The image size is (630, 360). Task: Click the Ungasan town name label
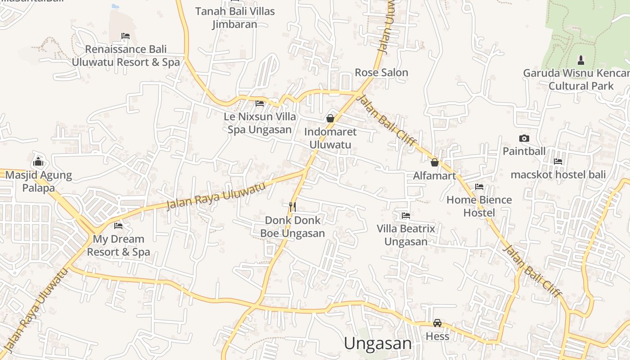(x=378, y=343)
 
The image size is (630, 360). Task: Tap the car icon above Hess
(x=437, y=323)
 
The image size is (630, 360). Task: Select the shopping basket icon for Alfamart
(x=435, y=162)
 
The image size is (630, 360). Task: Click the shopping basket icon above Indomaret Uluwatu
(x=330, y=118)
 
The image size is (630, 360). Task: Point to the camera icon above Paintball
(x=524, y=138)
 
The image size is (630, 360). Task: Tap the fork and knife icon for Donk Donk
(x=292, y=207)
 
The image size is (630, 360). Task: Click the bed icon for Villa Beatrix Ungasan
(x=406, y=216)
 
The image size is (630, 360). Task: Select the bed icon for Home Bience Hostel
(x=479, y=187)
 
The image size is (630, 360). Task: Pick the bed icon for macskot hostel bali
(x=558, y=161)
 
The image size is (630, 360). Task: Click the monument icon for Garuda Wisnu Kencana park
(x=581, y=60)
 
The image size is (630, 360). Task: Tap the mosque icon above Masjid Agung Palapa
(x=38, y=161)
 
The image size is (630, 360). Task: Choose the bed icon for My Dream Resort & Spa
(x=118, y=225)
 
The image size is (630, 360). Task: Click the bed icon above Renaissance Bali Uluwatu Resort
(x=126, y=36)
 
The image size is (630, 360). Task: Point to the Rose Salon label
(x=381, y=72)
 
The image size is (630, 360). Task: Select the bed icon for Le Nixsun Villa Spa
(x=260, y=103)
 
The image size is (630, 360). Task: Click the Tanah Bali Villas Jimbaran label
(x=235, y=18)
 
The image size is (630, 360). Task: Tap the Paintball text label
(x=524, y=151)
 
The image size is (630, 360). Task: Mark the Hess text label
(x=437, y=336)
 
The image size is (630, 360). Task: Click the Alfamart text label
(x=435, y=175)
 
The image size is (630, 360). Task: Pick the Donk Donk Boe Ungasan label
(x=292, y=227)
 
